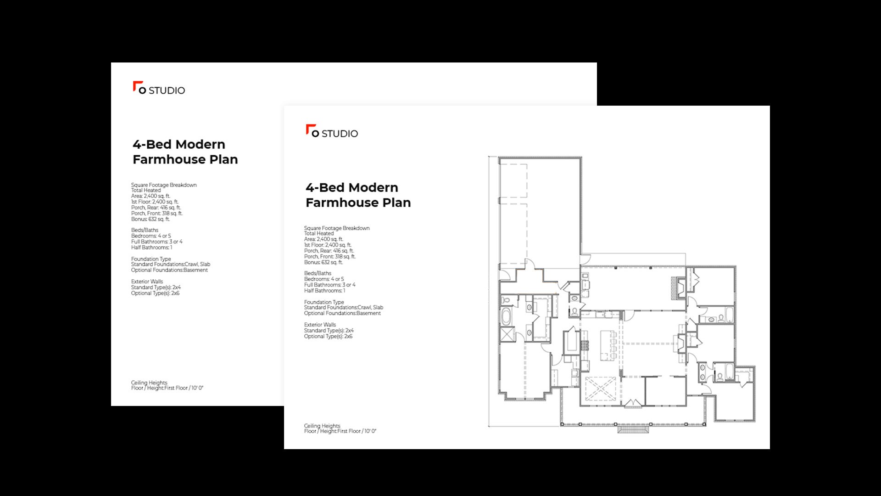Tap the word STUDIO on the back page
point(167,90)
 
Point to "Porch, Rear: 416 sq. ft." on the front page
point(329,251)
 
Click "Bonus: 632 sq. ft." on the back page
point(151,219)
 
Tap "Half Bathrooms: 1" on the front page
point(324,291)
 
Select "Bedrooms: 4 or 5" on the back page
point(151,236)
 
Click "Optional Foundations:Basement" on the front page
point(342,313)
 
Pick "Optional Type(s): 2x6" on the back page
point(155,293)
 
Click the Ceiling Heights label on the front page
point(322,426)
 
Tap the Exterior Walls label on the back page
point(147,282)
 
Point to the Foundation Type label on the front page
point(324,302)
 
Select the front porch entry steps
point(633,430)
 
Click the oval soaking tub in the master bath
point(506,317)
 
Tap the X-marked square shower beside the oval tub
point(507,334)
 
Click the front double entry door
point(633,403)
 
